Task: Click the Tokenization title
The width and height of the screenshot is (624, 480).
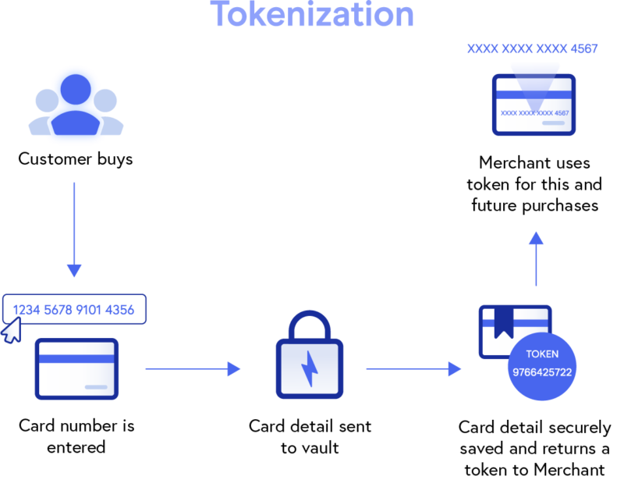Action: [x=312, y=15]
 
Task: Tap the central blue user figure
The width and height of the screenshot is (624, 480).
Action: [x=76, y=105]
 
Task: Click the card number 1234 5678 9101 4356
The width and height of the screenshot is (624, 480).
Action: [x=73, y=310]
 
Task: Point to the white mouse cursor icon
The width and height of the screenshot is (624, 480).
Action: [x=11, y=331]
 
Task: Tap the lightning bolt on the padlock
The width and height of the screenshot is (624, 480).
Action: [x=310, y=369]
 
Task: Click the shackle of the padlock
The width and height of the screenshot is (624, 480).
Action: [x=310, y=323]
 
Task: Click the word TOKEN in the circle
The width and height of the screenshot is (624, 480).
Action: [x=542, y=354]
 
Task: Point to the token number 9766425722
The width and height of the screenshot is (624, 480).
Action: [x=542, y=372]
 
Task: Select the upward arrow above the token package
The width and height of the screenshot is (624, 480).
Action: [x=535, y=258]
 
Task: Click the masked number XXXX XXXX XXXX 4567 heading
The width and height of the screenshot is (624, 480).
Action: [x=532, y=49]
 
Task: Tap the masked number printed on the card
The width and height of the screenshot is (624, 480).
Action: [x=534, y=113]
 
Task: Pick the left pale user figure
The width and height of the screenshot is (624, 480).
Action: [x=45, y=109]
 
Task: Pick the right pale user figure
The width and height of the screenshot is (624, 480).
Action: [x=107, y=109]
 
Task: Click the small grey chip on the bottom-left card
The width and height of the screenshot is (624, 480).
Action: [x=96, y=387]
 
